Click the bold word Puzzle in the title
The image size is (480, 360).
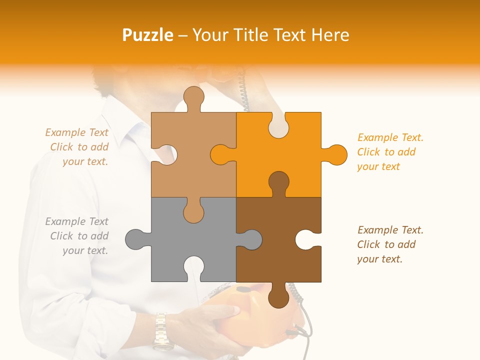click(148, 35)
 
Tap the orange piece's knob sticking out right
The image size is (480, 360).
click(335, 154)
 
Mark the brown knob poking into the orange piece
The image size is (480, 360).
click(278, 182)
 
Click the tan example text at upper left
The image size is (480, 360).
click(77, 147)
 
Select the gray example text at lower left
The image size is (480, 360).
click(77, 236)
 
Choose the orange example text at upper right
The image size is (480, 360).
click(390, 152)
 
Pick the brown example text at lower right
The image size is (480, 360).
click(390, 244)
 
